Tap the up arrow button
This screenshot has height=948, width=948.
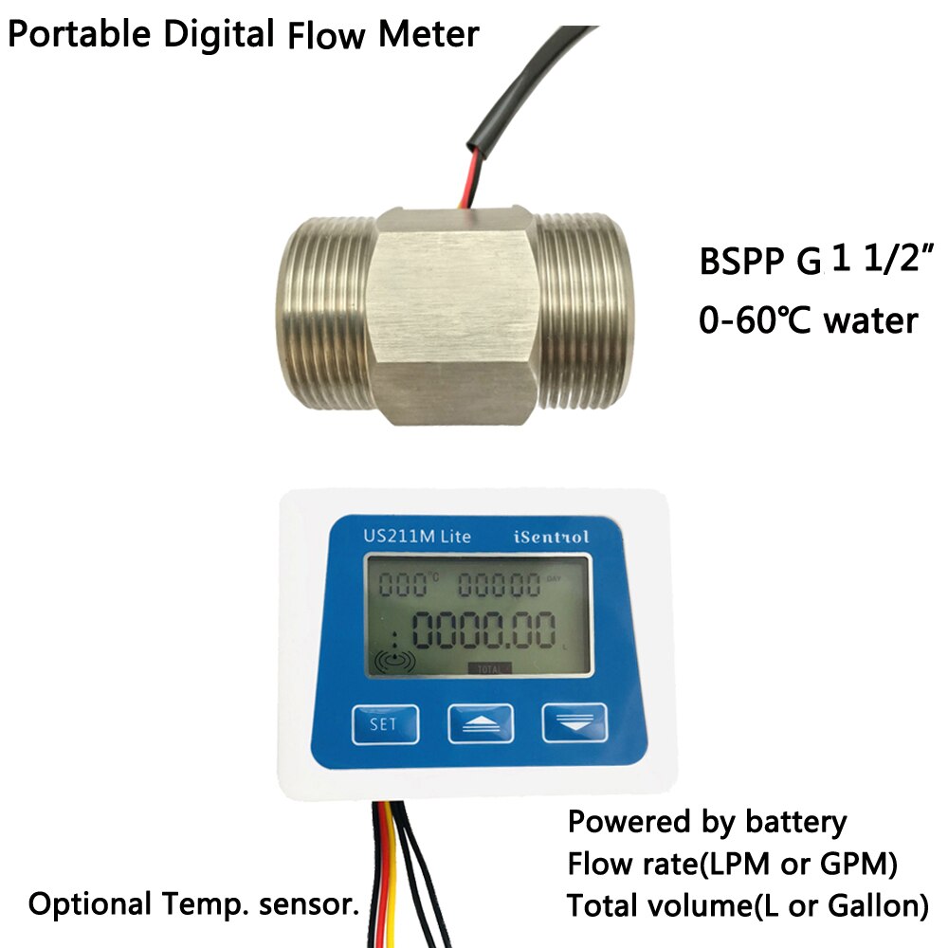[480, 724]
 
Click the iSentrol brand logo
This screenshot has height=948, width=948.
[551, 537]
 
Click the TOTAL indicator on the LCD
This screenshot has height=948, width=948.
[489, 667]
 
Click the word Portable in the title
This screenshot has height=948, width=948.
[75, 35]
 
